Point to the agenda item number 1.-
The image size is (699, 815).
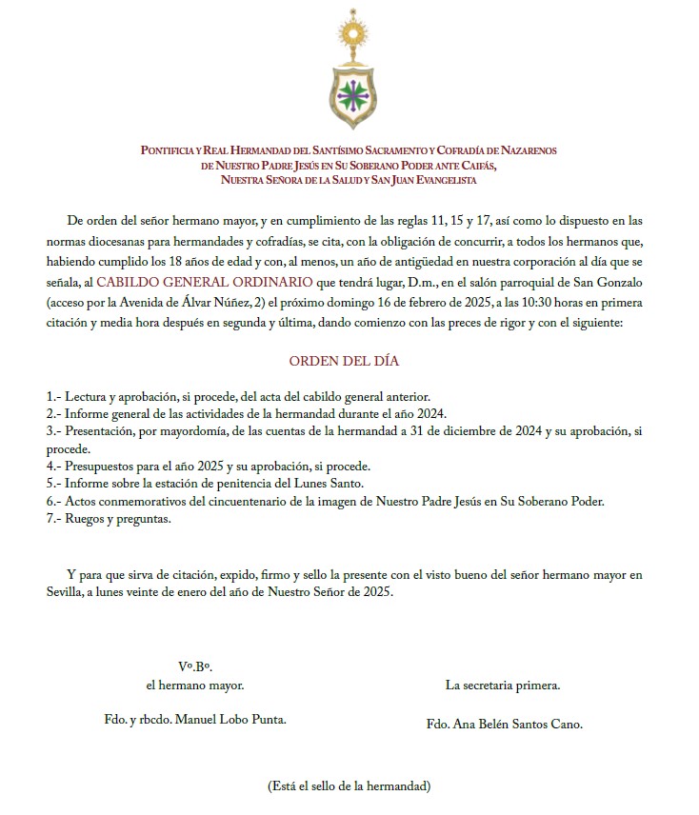[x=54, y=396]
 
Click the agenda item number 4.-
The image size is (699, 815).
[x=54, y=467]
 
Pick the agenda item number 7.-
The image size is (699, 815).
[x=54, y=520]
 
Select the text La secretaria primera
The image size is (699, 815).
[x=503, y=685]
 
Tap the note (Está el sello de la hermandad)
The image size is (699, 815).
[x=349, y=786]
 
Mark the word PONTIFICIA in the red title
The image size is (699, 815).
[x=171, y=151]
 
